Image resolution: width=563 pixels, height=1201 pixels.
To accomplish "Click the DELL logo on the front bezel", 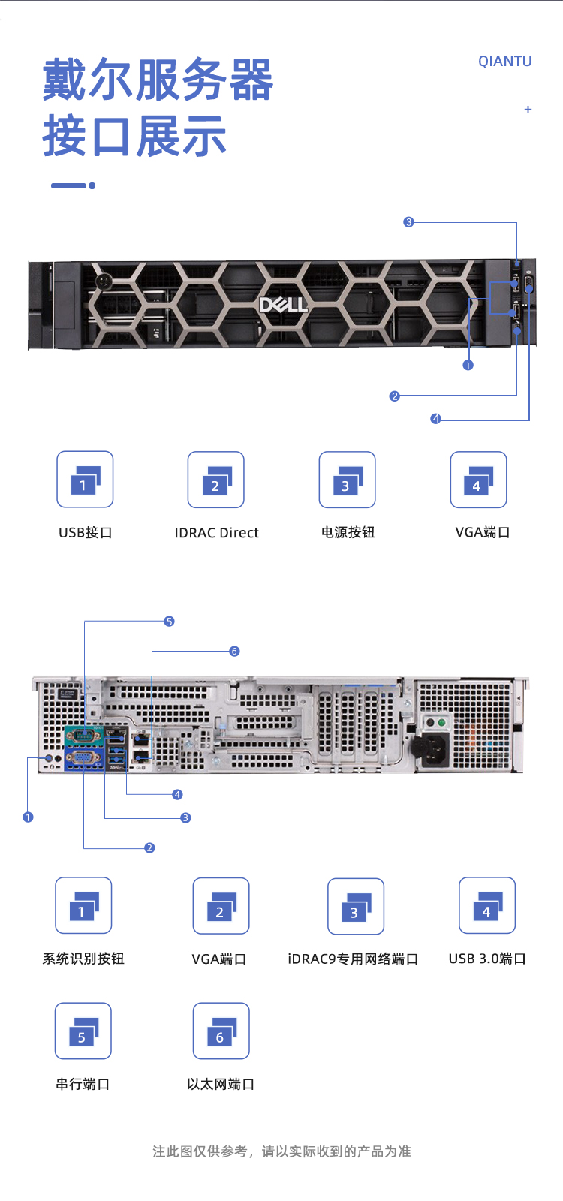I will (x=283, y=304).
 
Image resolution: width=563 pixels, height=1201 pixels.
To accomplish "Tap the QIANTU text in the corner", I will (x=504, y=62).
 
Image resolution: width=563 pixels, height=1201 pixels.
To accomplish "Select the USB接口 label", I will (x=85, y=532).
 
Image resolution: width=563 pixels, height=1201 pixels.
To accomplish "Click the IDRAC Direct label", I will (x=216, y=533).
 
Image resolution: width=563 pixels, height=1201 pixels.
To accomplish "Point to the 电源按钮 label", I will (x=348, y=532).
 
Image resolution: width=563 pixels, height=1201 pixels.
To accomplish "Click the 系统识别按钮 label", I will (x=83, y=959).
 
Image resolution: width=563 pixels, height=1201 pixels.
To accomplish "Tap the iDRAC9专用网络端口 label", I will (x=353, y=959).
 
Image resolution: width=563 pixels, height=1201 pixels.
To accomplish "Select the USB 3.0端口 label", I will (x=487, y=959).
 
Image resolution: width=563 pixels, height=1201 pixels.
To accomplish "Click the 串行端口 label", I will (x=83, y=1084).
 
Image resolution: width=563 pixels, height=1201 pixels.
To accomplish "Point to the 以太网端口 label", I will (x=221, y=1084).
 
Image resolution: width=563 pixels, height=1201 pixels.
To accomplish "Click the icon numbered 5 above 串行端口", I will (x=83, y=1031).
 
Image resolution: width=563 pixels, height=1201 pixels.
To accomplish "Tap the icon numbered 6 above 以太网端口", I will (x=221, y=1031).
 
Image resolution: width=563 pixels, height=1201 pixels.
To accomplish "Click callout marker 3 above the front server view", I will (x=408, y=222).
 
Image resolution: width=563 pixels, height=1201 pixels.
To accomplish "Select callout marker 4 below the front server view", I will (x=436, y=419).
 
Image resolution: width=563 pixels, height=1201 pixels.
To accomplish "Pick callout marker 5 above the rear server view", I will (x=169, y=622).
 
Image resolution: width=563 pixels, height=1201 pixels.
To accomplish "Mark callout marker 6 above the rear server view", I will (x=234, y=652).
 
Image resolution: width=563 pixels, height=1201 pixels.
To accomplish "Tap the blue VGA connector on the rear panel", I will (x=83, y=759).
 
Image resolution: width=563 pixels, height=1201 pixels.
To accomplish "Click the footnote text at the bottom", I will (x=281, y=1151).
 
